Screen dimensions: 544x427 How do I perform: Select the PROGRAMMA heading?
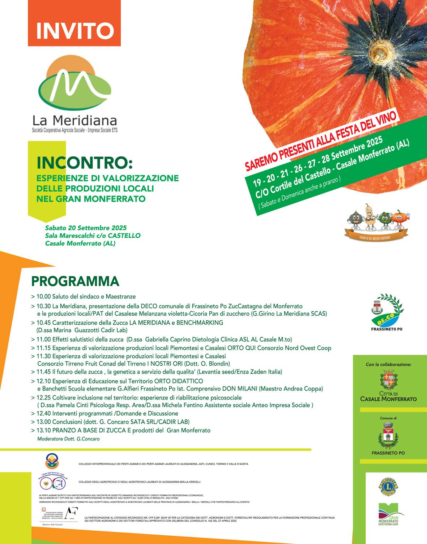(75, 281)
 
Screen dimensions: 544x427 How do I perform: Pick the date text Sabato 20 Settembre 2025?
(86, 228)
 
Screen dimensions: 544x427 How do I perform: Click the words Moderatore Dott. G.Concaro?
(68, 439)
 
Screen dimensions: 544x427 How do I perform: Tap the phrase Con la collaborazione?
(388, 364)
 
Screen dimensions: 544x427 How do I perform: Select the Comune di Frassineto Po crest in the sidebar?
(388, 435)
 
